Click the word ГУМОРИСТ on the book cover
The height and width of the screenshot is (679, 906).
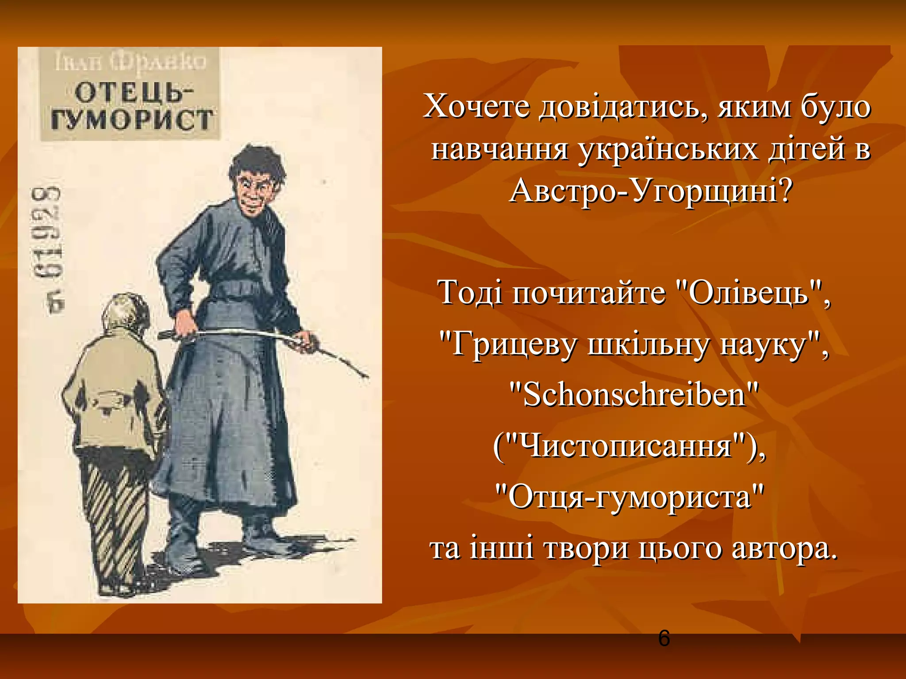click(x=132, y=120)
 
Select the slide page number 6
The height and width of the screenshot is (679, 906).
click(x=664, y=638)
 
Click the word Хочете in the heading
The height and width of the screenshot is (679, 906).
click(x=476, y=107)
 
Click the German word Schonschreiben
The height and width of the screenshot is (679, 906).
click(x=634, y=395)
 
